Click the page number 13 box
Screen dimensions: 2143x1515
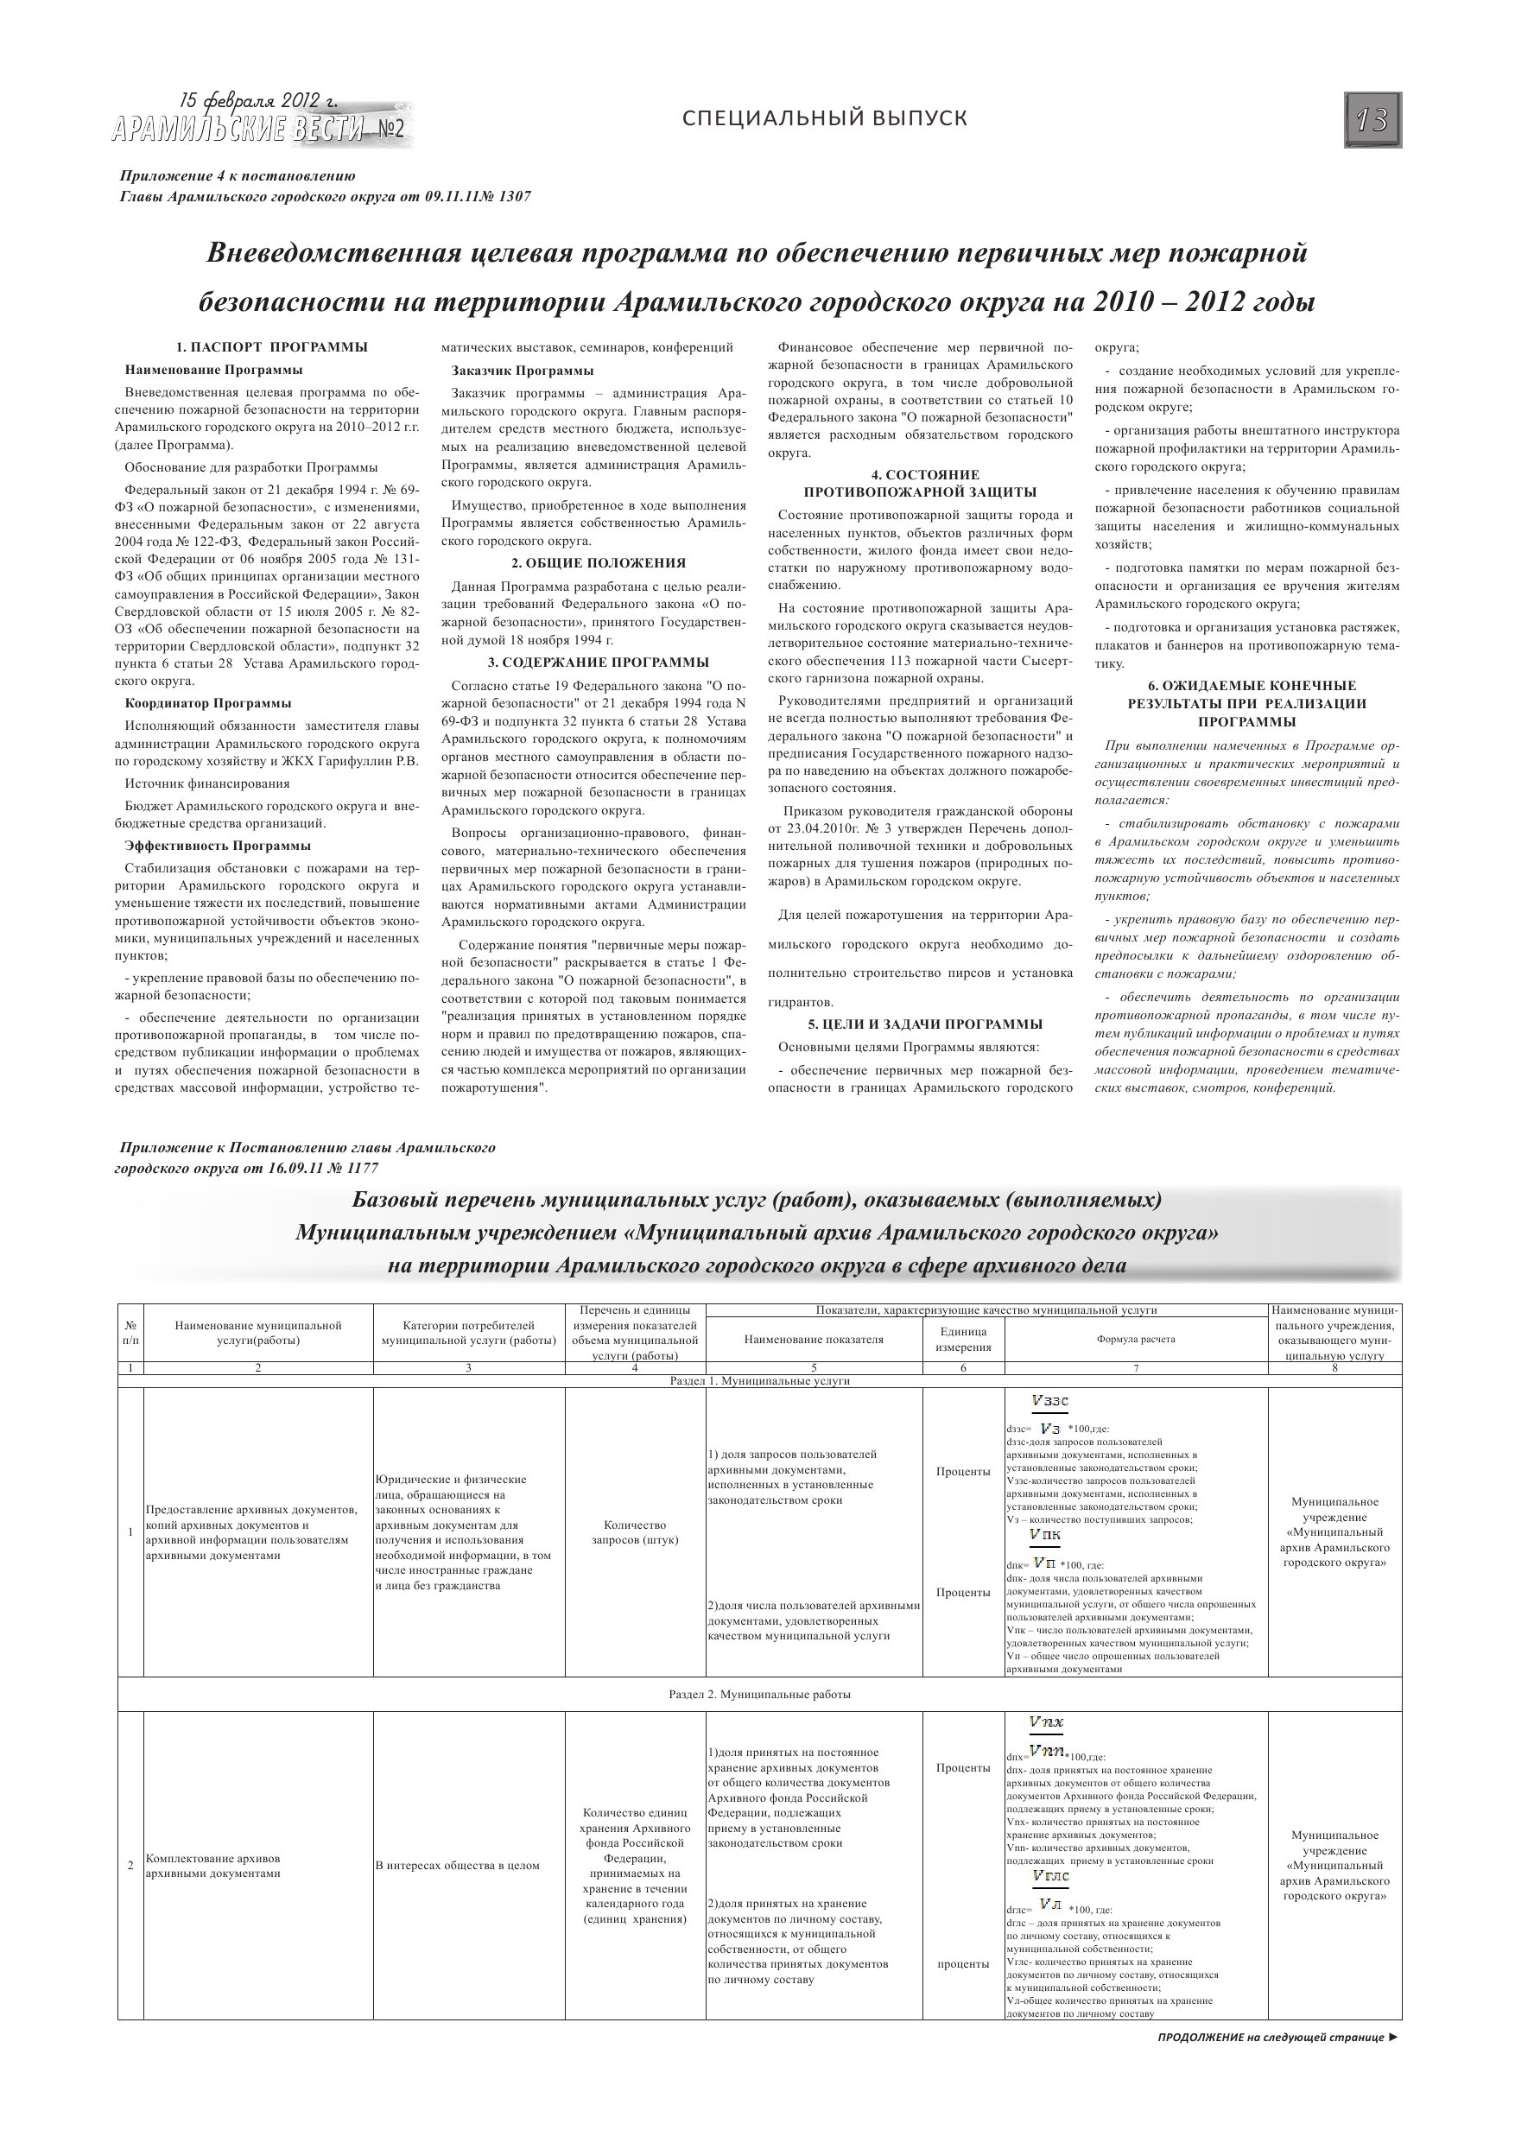[x=1372, y=119]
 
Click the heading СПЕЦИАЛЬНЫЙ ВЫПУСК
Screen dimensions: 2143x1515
[x=824, y=118]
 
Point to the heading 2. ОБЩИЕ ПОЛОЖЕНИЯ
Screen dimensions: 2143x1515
[x=599, y=563]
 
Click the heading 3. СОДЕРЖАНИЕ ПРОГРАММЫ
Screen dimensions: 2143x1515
[x=599, y=663]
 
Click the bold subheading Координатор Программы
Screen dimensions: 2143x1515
[x=208, y=703]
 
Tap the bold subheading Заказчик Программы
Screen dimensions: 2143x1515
[x=523, y=371]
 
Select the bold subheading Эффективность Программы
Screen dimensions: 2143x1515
[x=219, y=846]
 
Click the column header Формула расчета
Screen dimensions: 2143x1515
[x=1135, y=1339]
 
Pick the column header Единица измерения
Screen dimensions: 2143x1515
[x=963, y=1340]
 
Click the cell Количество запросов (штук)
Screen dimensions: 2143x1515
[x=635, y=1531]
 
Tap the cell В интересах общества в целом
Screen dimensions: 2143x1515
[x=458, y=1865]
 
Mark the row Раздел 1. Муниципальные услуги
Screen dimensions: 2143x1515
[x=760, y=1380]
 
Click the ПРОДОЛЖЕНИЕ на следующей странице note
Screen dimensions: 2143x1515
[x=1277, y=2038]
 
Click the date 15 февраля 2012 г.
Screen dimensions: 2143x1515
[x=258, y=101]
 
